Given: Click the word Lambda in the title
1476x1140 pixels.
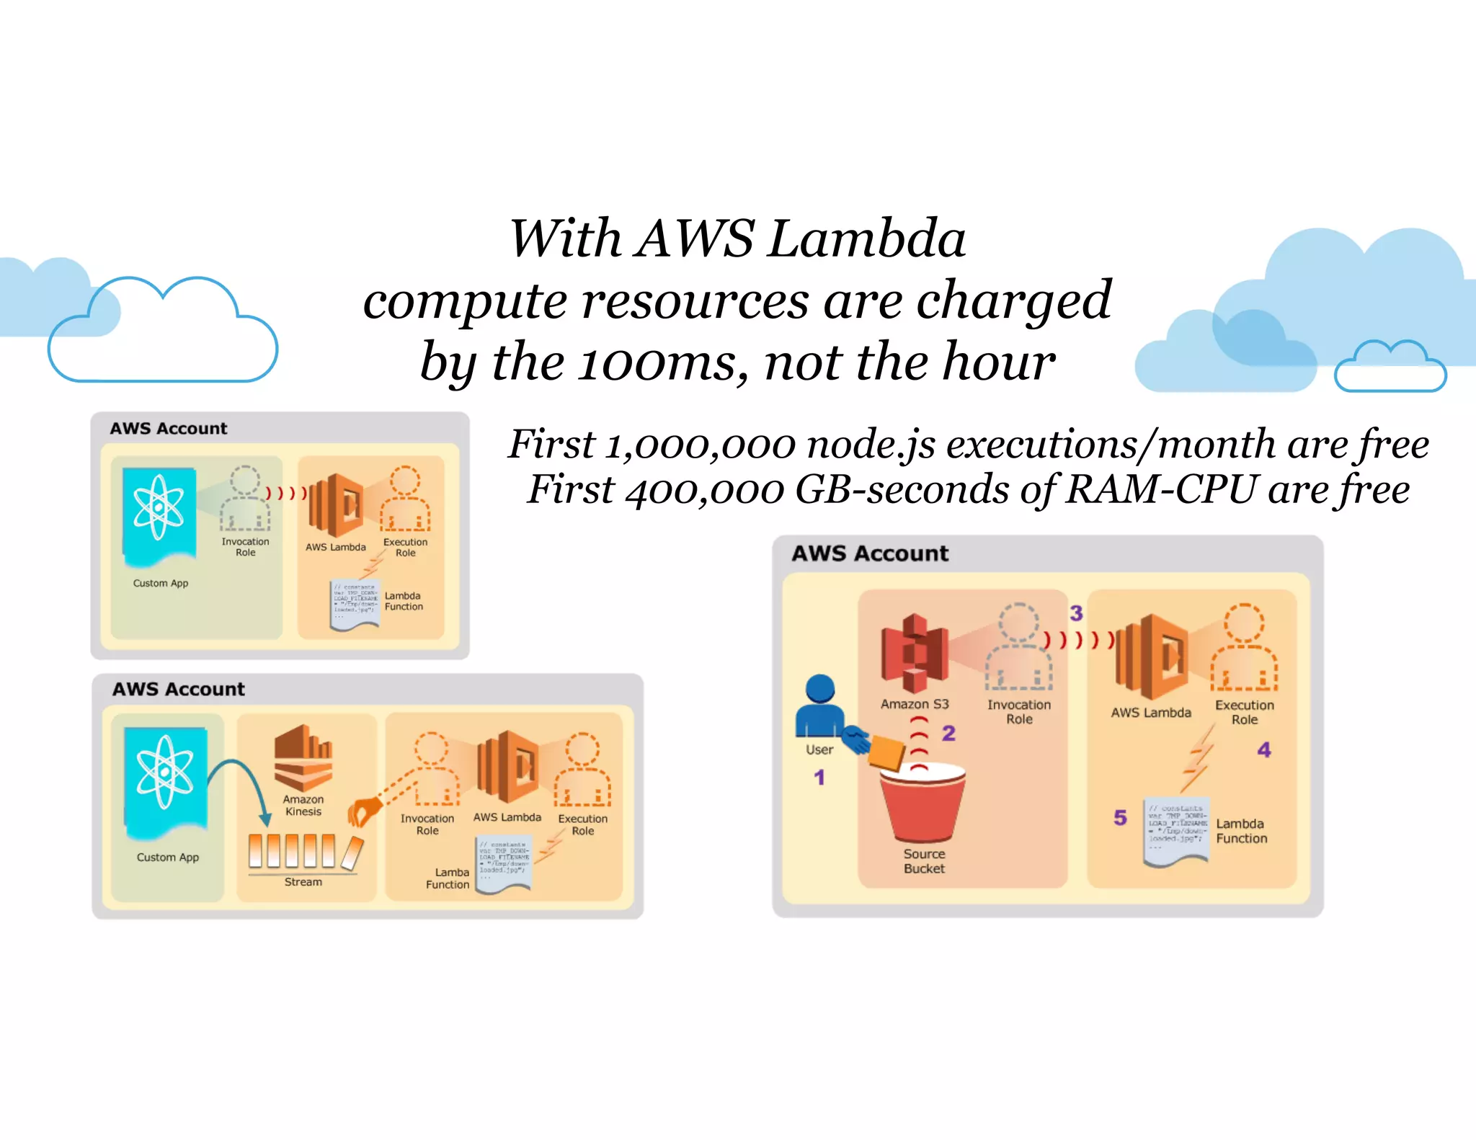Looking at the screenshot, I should [x=866, y=239].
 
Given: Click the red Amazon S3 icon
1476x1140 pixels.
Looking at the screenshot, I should [x=915, y=653].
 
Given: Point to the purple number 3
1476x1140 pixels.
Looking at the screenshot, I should [x=1076, y=613].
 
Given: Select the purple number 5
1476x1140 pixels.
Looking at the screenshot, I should [x=1120, y=817].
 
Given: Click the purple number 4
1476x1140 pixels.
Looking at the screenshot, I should [x=1264, y=750].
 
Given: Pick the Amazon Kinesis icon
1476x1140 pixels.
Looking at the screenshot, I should [x=303, y=757].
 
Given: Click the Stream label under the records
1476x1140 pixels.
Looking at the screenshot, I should [x=303, y=882].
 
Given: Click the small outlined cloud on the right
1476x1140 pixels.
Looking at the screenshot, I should [x=1390, y=368].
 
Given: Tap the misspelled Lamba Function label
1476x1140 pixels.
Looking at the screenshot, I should [x=448, y=878].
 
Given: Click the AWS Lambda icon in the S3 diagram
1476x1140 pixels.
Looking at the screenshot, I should [x=1151, y=656].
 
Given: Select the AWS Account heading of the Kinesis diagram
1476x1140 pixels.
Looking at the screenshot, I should [x=178, y=690].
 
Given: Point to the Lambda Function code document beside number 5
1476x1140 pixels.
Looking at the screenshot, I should [x=1175, y=832].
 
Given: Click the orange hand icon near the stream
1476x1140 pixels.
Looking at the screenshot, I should [x=364, y=812].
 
